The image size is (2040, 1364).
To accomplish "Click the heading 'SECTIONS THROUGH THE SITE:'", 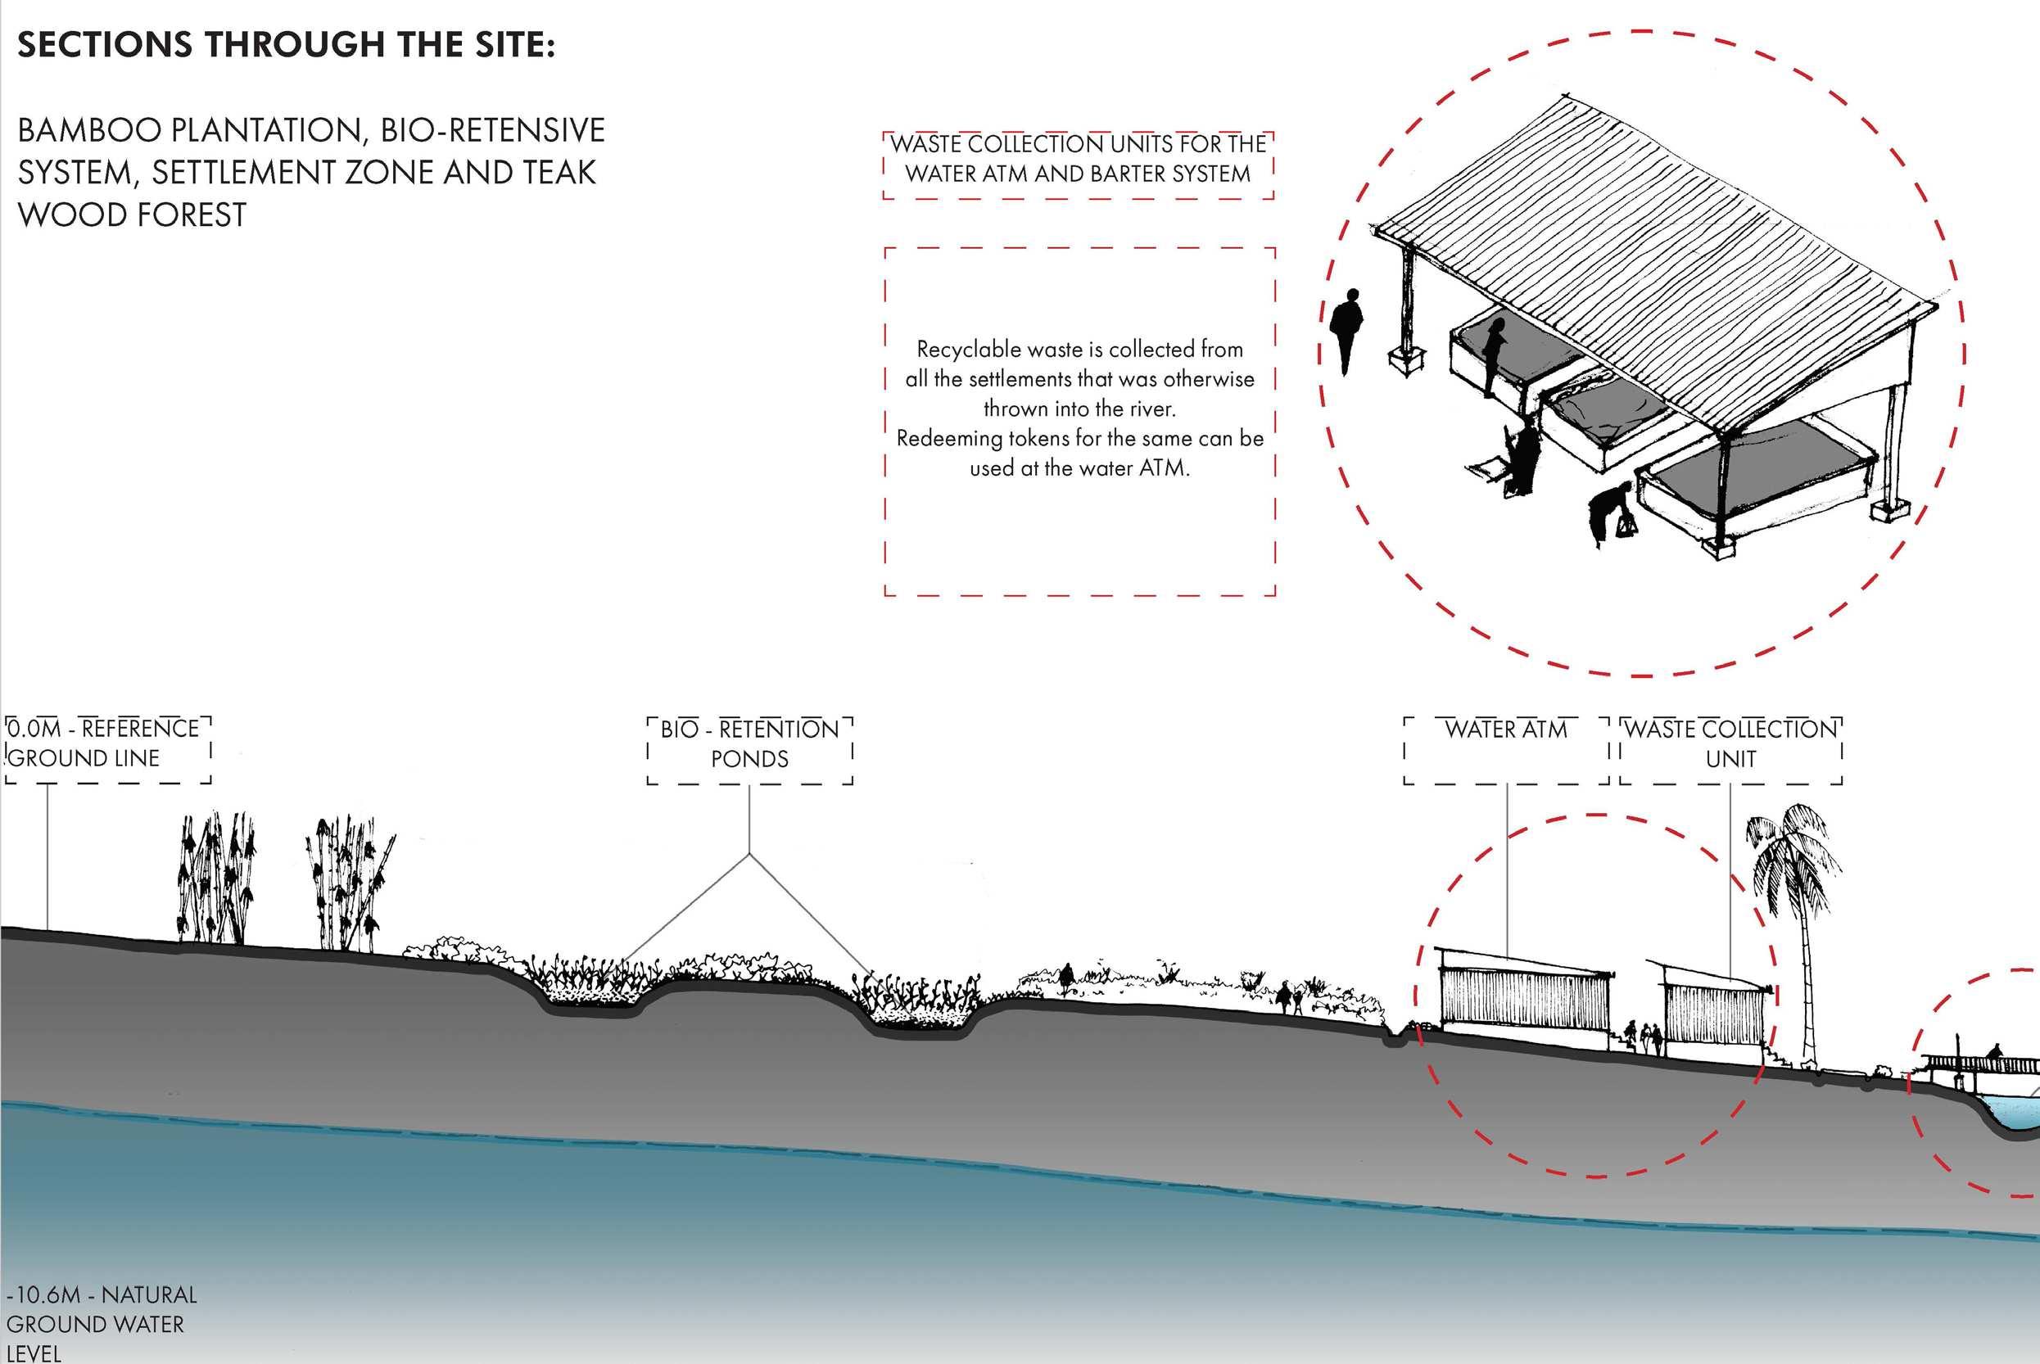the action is (285, 44).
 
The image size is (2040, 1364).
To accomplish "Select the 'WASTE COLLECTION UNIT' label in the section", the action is (1730, 743).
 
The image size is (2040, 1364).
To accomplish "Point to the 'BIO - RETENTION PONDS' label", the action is (749, 743).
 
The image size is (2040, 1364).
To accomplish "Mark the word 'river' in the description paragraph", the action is (1151, 409).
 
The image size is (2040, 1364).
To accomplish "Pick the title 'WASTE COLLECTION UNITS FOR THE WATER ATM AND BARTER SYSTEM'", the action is (1078, 159).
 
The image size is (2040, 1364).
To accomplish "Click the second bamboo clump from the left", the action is (348, 883).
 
